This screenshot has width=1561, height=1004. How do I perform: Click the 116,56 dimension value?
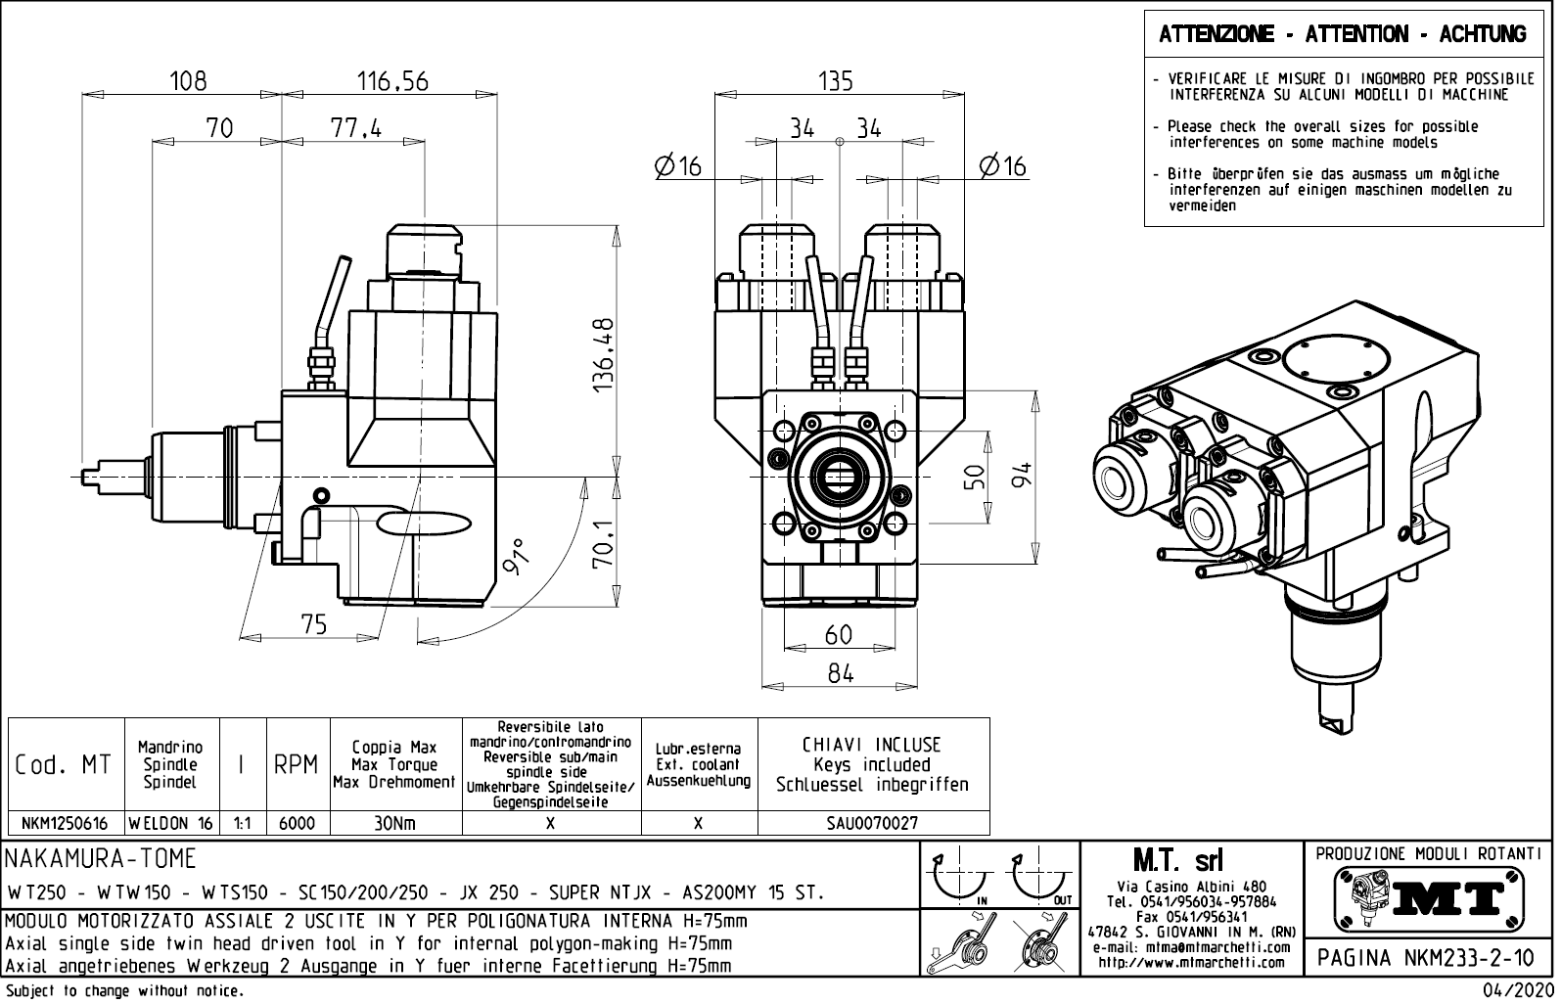pyautogui.click(x=392, y=80)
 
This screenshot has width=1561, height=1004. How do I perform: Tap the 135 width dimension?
pyautogui.click(x=836, y=80)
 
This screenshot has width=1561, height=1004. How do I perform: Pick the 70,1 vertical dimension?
pyautogui.click(x=604, y=544)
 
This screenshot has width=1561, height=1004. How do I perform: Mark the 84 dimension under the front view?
pyautogui.click(x=840, y=673)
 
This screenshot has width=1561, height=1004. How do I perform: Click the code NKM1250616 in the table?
pyautogui.click(x=65, y=824)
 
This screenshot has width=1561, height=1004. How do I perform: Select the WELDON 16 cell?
pyautogui.click(x=170, y=824)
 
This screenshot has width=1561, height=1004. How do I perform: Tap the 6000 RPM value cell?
pyautogui.click(x=297, y=824)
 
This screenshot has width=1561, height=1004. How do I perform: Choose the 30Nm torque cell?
pyautogui.click(x=394, y=824)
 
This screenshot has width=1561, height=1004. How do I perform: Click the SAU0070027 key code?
pyautogui.click(x=872, y=824)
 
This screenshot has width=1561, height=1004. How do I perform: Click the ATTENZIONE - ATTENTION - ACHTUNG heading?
pyautogui.click(x=1342, y=35)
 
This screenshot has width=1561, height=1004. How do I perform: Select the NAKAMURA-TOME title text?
pyautogui.click(x=102, y=859)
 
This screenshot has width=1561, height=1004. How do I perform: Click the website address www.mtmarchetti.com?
pyautogui.click(x=1191, y=963)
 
